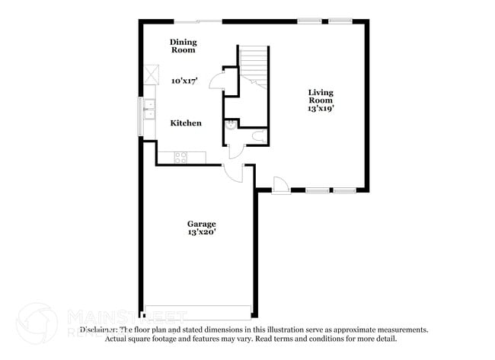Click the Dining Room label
183,46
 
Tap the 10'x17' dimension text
184,80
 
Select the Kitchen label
186,123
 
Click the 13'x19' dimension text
321,108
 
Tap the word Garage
201,223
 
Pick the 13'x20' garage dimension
201,233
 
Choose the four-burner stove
180,158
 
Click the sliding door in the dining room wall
198,21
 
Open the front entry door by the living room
279,184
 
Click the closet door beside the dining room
216,79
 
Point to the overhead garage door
196,312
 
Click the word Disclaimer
98,330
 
